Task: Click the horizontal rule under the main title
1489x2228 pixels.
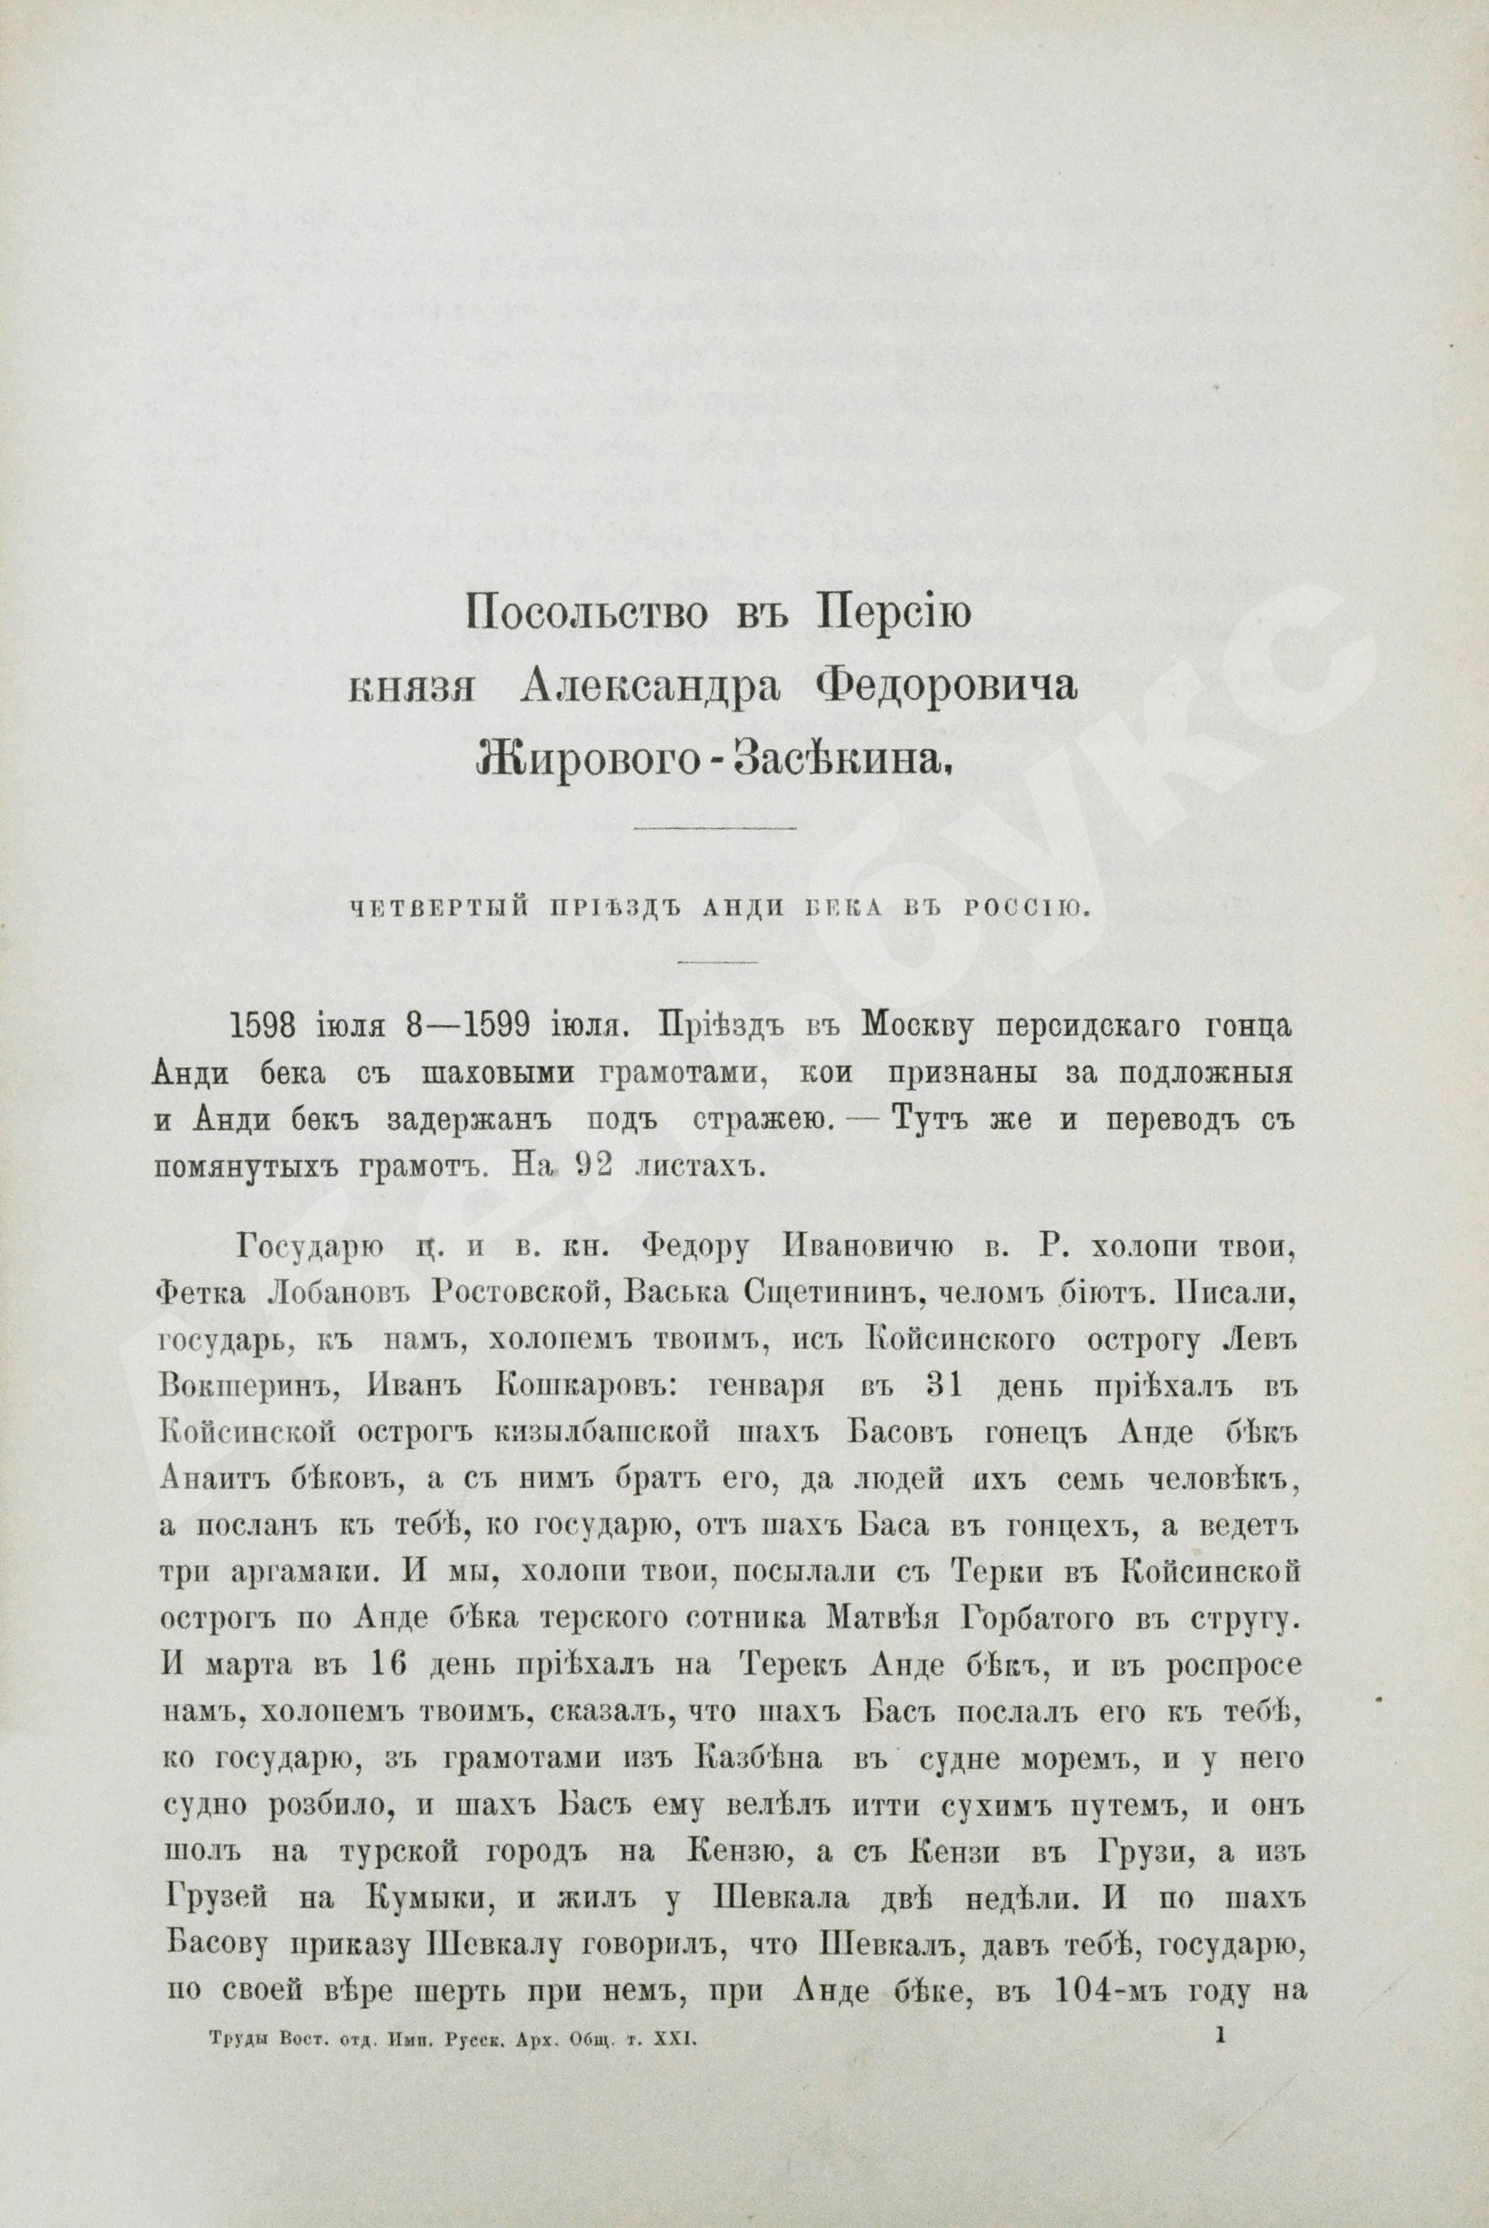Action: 714,829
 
